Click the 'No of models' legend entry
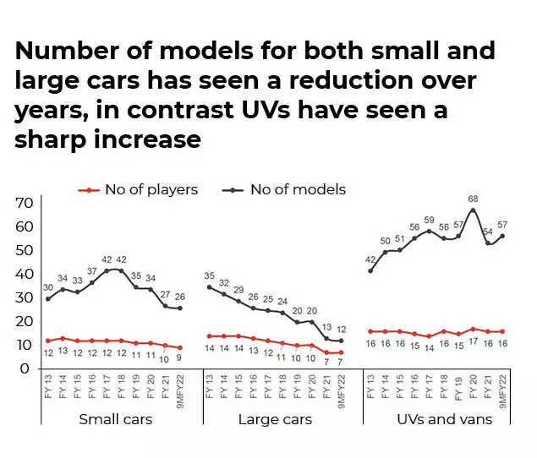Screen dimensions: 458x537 [x=285, y=189]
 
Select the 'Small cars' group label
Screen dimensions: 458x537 [x=115, y=419]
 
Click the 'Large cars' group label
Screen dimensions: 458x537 [x=275, y=419]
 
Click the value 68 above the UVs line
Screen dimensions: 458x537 [x=474, y=199]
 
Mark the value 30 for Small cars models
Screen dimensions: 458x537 [x=47, y=287]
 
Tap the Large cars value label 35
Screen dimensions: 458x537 [x=210, y=276]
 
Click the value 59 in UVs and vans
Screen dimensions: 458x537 [x=429, y=220]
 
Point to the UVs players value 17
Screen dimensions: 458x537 [x=474, y=344]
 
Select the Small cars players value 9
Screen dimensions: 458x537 [x=179, y=358]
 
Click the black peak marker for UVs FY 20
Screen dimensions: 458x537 [x=474, y=210]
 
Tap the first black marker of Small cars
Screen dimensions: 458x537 [x=48, y=299]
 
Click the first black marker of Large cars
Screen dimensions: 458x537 [x=209, y=287]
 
